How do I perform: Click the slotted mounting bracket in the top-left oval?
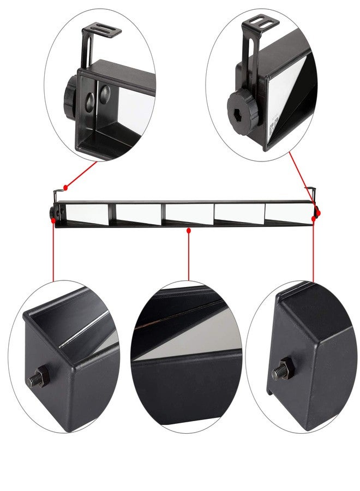[102, 31]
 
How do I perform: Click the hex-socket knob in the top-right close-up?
[242, 108]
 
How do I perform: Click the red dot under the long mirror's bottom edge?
[188, 231]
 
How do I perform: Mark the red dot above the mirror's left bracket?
[66, 188]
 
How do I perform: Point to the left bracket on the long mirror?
[56, 196]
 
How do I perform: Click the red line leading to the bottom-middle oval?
[188, 256]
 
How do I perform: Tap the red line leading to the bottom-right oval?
[313, 251]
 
